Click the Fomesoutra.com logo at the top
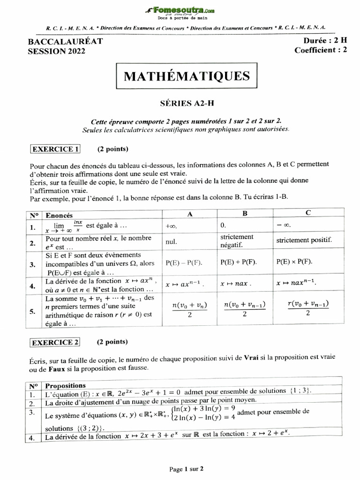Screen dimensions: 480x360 pos(180,10)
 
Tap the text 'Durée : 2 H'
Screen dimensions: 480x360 pos(322,41)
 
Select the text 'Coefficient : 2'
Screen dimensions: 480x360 pos(321,51)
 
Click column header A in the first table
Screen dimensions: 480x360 pos(189,214)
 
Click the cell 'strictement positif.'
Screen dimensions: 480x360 pos(304,240)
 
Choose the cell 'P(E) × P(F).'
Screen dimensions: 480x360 pos(295,262)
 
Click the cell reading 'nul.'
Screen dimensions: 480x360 pos(171,242)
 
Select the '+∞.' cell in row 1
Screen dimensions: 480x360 pos(172,225)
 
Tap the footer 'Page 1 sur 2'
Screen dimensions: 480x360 pos(186,468)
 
